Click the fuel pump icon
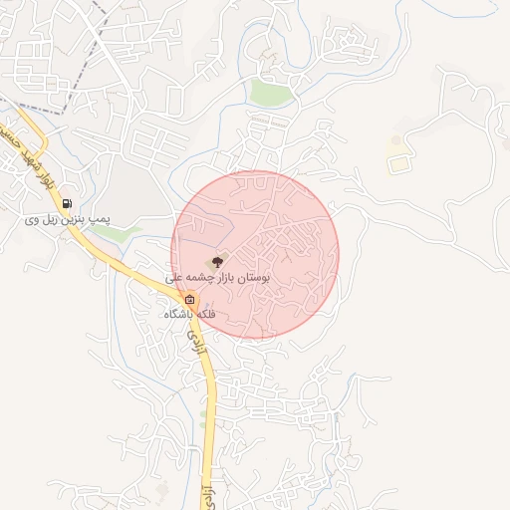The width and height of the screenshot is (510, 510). (67, 204)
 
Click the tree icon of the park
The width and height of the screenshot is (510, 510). (218, 261)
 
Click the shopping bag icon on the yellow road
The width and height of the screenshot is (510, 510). (189, 300)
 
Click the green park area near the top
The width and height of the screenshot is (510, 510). (270, 94)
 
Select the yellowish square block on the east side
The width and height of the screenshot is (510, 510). (398, 162)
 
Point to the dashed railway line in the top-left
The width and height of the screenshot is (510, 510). (80, 55)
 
